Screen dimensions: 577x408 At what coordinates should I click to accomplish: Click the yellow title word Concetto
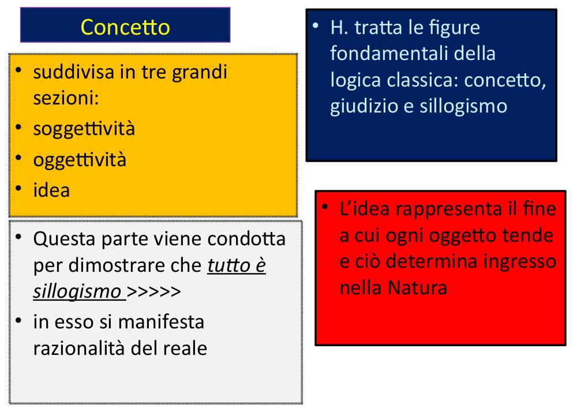[x=125, y=27]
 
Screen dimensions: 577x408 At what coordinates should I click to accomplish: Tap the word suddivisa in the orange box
[x=74, y=72]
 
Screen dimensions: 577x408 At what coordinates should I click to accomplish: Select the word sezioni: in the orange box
[x=66, y=98]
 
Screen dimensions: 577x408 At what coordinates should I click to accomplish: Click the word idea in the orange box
[x=51, y=190]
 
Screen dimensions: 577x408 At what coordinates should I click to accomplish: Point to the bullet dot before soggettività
[x=19, y=128]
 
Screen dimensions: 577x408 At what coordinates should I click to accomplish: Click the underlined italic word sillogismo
[x=77, y=292]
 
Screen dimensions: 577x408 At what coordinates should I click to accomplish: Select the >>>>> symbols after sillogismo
[x=154, y=292]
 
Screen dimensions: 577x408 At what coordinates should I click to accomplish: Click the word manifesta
[x=161, y=321]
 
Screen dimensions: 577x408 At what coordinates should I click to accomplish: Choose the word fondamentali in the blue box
[x=389, y=54]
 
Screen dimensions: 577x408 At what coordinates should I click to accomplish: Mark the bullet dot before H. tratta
[x=316, y=25]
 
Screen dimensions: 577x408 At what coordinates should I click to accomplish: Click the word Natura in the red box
[x=417, y=288]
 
